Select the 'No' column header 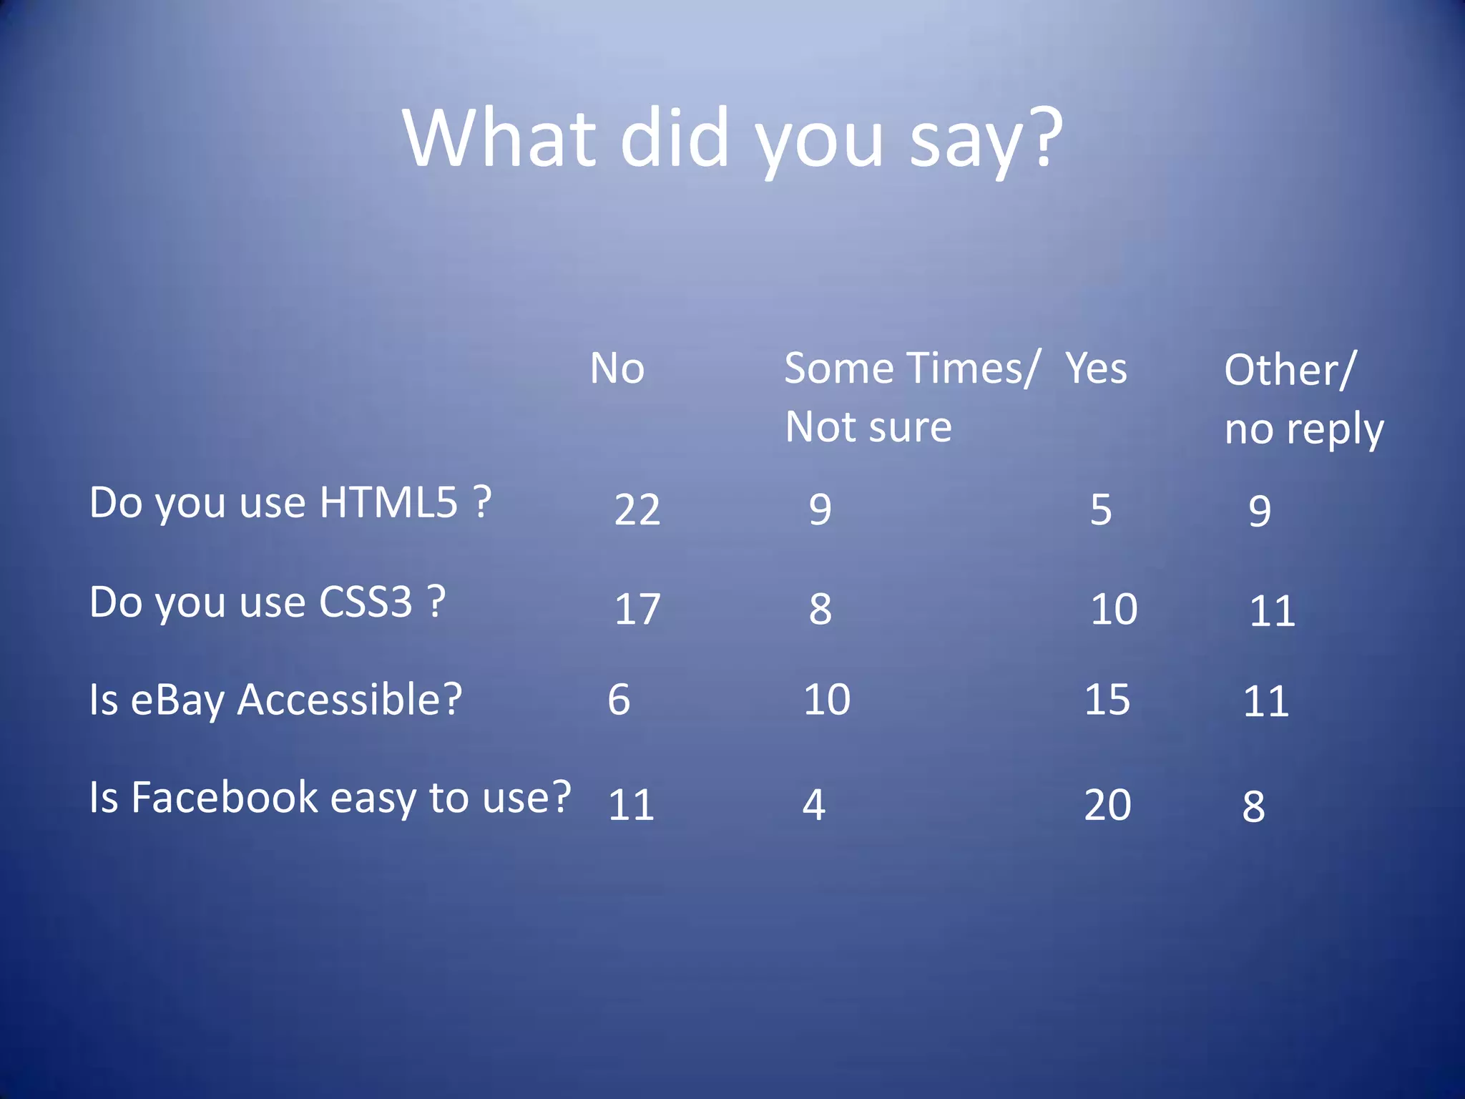pyautogui.click(x=617, y=369)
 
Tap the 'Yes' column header pyautogui.click(x=1096, y=369)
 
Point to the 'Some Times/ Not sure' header pyautogui.click(x=908, y=398)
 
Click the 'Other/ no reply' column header pyautogui.click(x=1303, y=399)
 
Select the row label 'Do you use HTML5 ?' pyautogui.click(x=290, y=502)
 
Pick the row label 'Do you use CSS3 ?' pyautogui.click(x=268, y=602)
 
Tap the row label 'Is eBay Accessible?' pyautogui.click(x=276, y=700)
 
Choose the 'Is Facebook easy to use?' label pyautogui.click(x=330, y=798)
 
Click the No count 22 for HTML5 pyautogui.click(x=637, y=510)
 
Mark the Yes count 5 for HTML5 pyautogui.click(x=1101, y=510)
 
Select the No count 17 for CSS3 pyautogui.click(x=637, y=610)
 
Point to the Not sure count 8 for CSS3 pyautogui.click(x=820, y=610)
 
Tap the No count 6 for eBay pyautogui.click(x=619, y=700)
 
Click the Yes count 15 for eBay pyautogui.click(x=1107, y=700)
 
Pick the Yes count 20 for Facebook pyautogui.click(x=1107, y=805)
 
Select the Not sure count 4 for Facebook pyautogui.click(x=814, y=805)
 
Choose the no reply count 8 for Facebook pyautogui.click(x=1253, y=806)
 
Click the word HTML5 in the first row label pyautogui.click(x=388, y=502)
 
